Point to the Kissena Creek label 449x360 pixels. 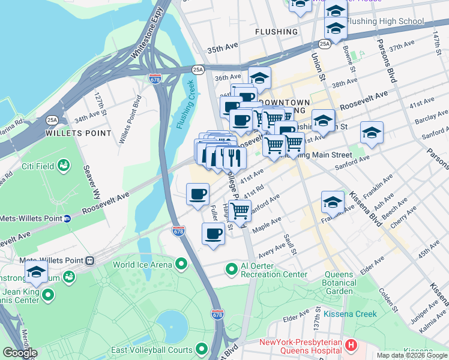(x=351, y=314)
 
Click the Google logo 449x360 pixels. (x=20, y=353)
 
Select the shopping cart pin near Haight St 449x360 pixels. (x=240, y=211)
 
